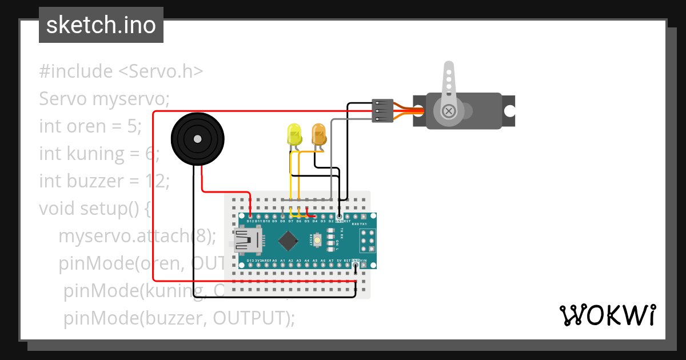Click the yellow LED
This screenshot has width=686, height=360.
pyautogui.click(x=294, y=135)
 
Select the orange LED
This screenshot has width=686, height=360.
pyautogui.click(x=318, y=135)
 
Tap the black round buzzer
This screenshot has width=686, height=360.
pyautogui.click(x=197, y=139)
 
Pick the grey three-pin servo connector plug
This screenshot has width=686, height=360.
pyautogui.click(x=382, y=110)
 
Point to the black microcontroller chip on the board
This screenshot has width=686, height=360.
pyautogui.click(x=290, y=240)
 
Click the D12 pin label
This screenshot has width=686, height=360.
pyautogui.click(x=250, y=221)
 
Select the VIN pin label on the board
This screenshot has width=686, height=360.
pyautogui.click(x=363, y=260)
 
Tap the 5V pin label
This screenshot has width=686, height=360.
pyautogui.click(x=339, y=260)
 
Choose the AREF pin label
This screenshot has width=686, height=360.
pyautogui.click(x=266, y=260)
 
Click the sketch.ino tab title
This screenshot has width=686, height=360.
pyautogui.click(x=101, y=25)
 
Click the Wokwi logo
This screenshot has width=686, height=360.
pyautogui.click(x=607, y=315)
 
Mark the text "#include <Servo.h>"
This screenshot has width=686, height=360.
pyautogui.click(x=121, y=71)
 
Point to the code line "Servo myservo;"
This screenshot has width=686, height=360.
pyautogui.click(x=105, y=99)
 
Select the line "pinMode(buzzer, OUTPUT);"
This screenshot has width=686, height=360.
pyautogui.click(x=179, y=318)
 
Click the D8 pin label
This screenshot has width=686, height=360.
pyautogui.click(x=282, y=221)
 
